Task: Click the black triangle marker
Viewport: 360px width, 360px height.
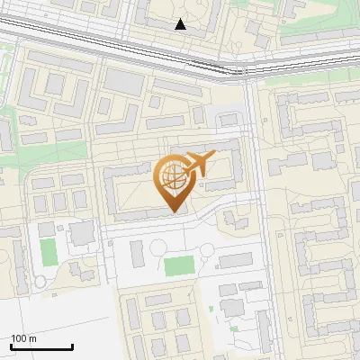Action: [x=181, y=24]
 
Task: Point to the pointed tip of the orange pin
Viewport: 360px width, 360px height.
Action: [x=174, y=212]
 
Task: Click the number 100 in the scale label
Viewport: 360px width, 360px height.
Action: [x=20, y=338]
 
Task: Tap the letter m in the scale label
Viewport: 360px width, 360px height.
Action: [x=33, y=338]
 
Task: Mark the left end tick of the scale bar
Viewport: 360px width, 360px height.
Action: [x=11, y=346]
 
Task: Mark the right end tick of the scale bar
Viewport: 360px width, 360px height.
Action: [x=72, y=346]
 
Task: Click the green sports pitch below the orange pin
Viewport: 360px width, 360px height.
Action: [x=179, y=266]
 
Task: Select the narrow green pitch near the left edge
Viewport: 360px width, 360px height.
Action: [x=49, y=252]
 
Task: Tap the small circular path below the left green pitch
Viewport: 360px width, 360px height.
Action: [x=40, y=283]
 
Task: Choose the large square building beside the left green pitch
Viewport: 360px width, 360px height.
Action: [x=82, y=234]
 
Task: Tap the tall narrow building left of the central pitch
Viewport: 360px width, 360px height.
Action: [x=137, y=255]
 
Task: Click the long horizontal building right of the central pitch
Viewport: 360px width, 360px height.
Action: [x=236, y=261]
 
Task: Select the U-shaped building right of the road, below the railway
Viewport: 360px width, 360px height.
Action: [x=297, y=117]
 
